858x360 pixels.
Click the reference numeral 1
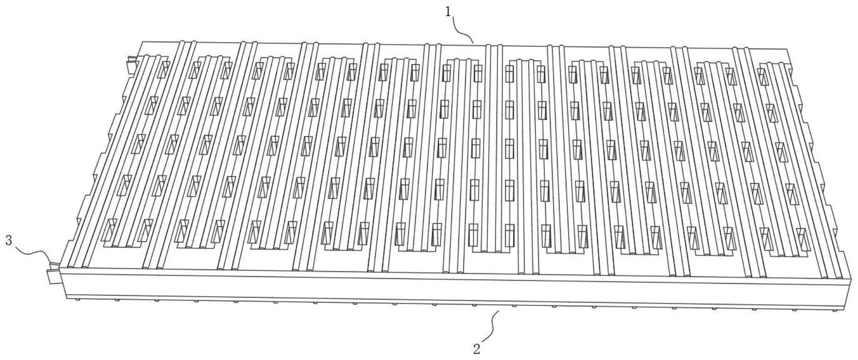coord(448,12)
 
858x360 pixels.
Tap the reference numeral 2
coord(477,349)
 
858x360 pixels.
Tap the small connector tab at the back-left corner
coord(132,65)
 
